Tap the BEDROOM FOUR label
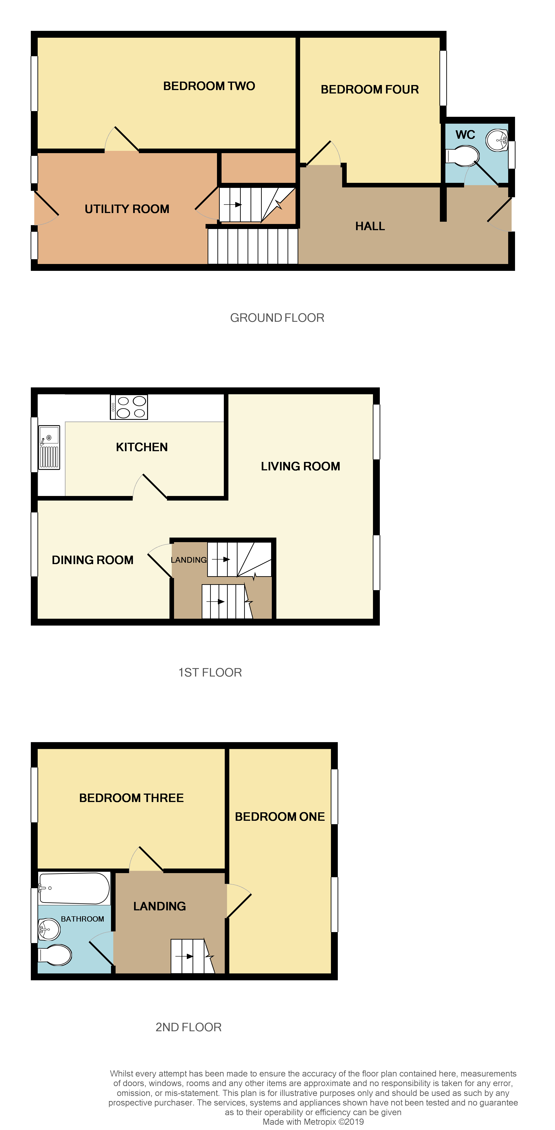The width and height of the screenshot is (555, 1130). (370, 90)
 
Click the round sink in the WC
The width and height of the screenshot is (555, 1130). (497, 140)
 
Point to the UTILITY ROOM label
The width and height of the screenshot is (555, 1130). (127, 209)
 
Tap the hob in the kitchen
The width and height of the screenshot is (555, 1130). (129, 407)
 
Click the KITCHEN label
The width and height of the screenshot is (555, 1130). (142, 447)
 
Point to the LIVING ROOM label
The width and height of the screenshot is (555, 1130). (300, 466)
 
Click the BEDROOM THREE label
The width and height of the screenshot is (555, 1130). (131, 798)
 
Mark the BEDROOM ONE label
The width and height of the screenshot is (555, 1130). (280, 817)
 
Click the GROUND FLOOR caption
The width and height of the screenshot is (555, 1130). (277, 318)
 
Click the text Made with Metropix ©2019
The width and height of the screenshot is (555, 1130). (313, 1122)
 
